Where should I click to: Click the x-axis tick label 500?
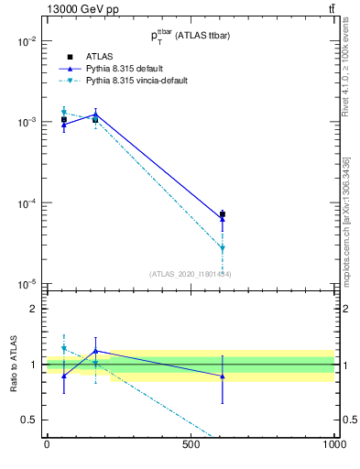(x=191, y=443)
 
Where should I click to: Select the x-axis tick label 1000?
(x=334, y=443)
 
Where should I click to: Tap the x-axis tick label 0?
(x=47, y=443)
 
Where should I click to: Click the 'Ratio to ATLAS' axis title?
(x=12, y=364)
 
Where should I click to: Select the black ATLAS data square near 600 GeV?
(x=223, y=214)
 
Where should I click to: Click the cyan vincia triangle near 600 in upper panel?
(x=223, y=248)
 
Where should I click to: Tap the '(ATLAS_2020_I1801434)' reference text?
(x=190, y=274)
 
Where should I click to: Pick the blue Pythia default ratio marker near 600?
(x=223, y=376)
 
